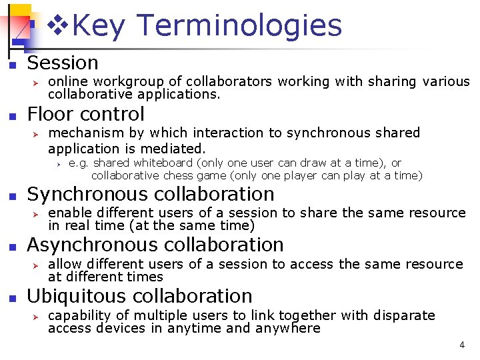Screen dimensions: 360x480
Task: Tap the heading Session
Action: click(x=63, y=63)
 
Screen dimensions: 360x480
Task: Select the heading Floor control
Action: click(x=85, y=114)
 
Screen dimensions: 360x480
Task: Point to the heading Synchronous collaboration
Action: click(x=150, y=194)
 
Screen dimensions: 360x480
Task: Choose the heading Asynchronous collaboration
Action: click(x=155, y=245)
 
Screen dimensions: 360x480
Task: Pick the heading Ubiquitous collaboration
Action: click(x=139, y=296)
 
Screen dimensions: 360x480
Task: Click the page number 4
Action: click(x=462, y=345)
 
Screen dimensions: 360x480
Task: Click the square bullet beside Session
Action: click(x=11, y=65)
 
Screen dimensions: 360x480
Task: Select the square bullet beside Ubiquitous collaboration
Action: click(x=11, y=297)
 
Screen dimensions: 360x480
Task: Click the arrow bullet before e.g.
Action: click(x=58, y=163)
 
